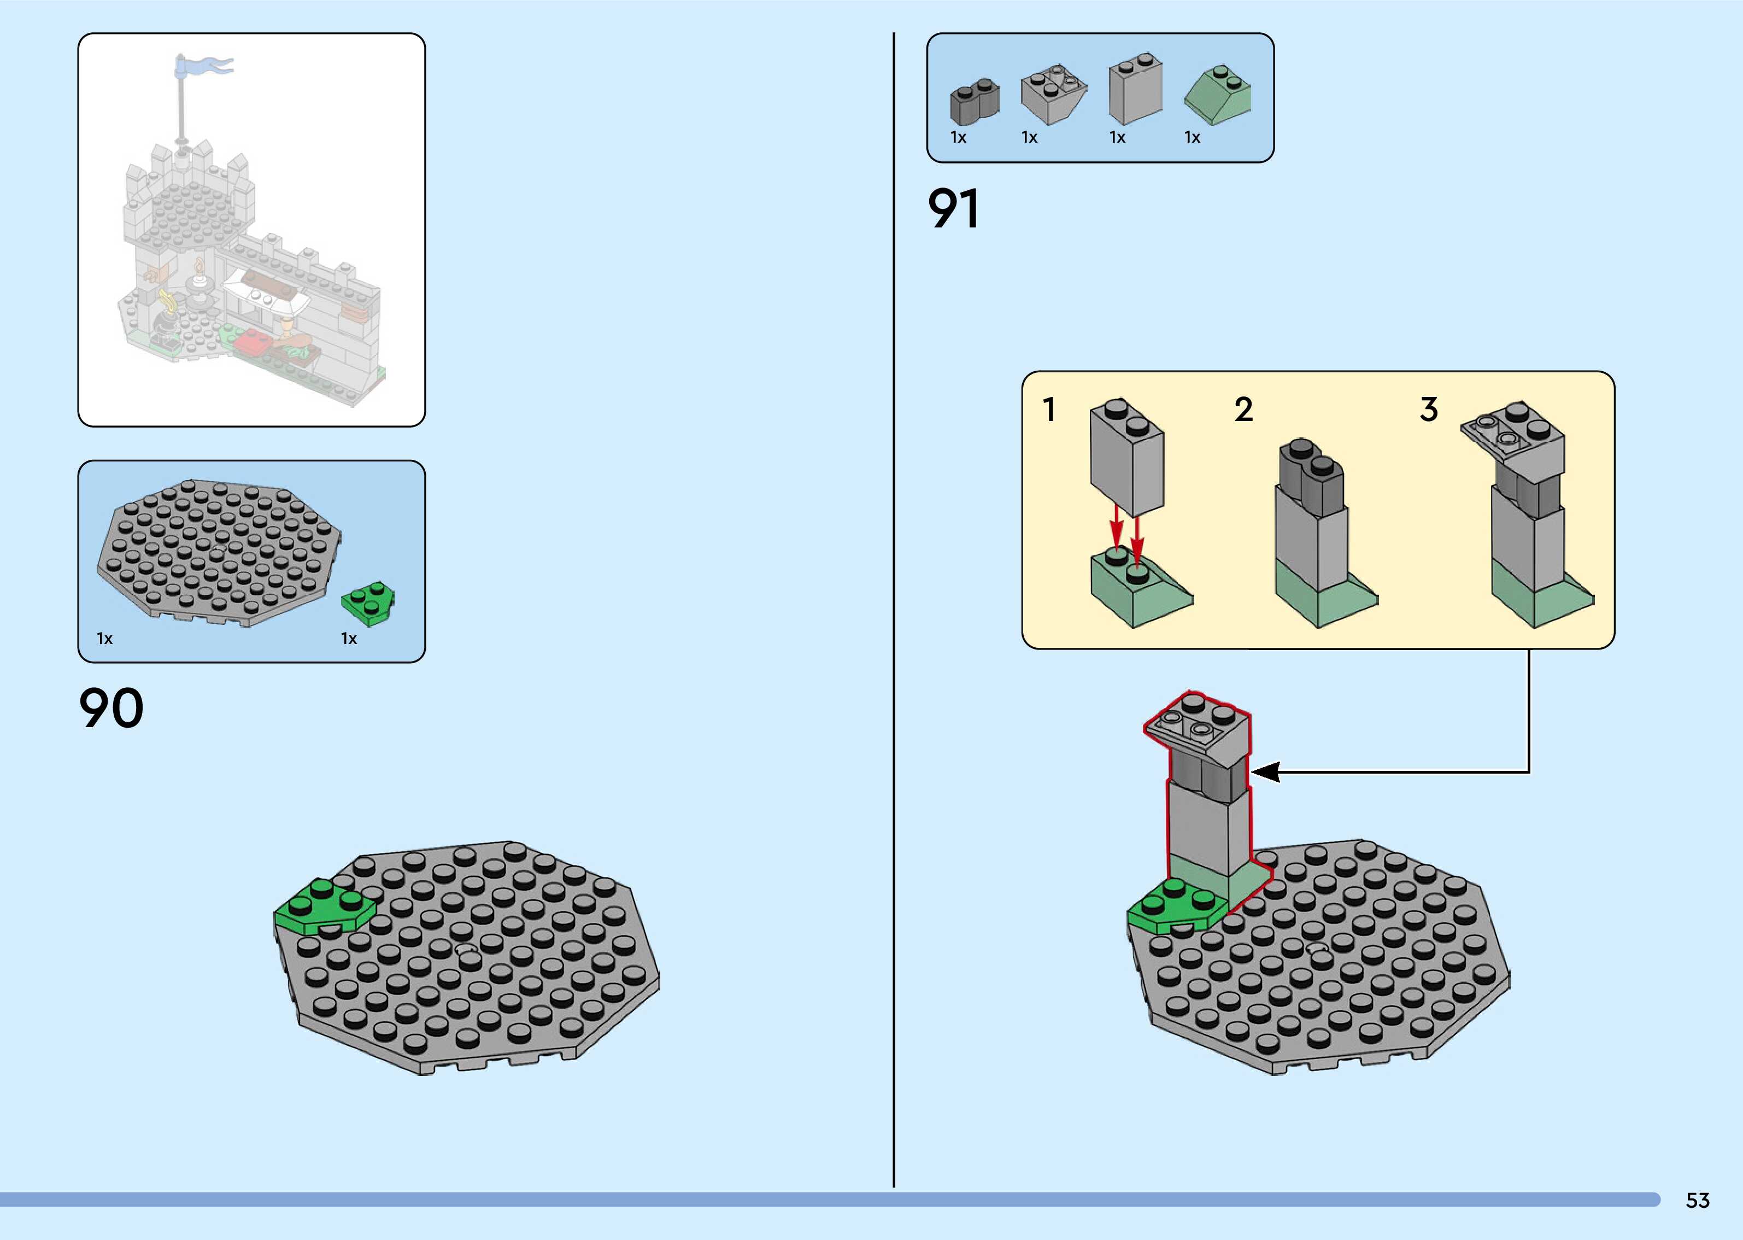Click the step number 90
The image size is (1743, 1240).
[111, 708]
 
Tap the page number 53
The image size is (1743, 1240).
[1697, 1200]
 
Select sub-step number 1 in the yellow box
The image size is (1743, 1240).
[1049, 410]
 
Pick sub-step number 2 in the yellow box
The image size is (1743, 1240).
[1243, 410]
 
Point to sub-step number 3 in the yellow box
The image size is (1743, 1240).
[1429, 410]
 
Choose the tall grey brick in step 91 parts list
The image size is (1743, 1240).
[1136, 90]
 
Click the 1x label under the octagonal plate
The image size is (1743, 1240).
[104, 639]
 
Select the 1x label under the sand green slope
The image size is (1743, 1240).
[1192, 137]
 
